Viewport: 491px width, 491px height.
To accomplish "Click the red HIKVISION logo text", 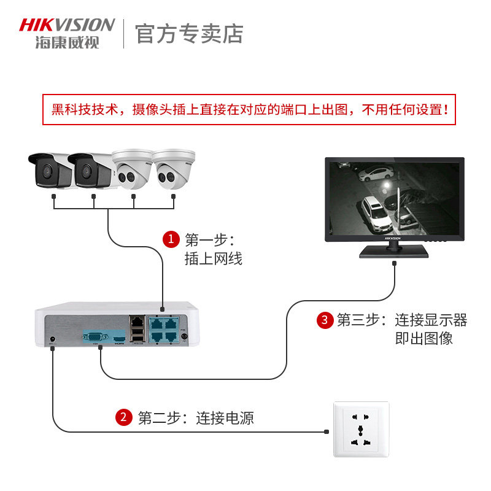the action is pyautogui.click(x=67, y=25).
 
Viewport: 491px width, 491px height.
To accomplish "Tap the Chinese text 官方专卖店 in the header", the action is pyautogui.click(x=189, y=33).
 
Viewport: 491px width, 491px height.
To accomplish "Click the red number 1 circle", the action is pyautogui.click(x=171, y=239).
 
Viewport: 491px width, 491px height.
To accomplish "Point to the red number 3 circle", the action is pyautogui.click(x=324, y=320).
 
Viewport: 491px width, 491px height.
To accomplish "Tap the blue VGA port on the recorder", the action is pyautogui.click(x=95, y=336).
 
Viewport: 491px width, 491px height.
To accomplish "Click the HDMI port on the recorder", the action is pyautogui.click(x=118, y=338).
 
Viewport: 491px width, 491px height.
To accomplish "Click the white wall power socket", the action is pyautogui.click(x=361, y=429).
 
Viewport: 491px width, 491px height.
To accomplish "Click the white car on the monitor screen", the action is pyautogui.click(x=376, y=212).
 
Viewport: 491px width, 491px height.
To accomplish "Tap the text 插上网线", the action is pyautogui.click(x=213, y=259).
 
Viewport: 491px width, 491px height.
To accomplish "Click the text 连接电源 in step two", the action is pyautogui.click(x=225, y=419).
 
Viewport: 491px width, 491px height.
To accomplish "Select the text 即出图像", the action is pyautogui.click(x=423, y=338).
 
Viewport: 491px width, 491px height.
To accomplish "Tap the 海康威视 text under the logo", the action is pyautogui.click(x=67, y=42).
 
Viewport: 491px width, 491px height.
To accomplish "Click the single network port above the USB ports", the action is pyautogui.click(x=136, y=320).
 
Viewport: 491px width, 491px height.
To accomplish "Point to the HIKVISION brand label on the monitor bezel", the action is pyautogui.click(x=393, y=238).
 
